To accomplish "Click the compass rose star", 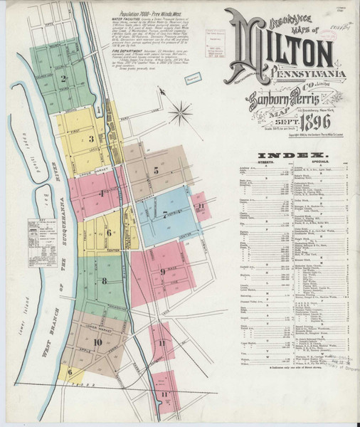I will [x=182, y=112].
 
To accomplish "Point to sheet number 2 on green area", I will [x=64, y=79].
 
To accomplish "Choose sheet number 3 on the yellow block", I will [x=92, y=138].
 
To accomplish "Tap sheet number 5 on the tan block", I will [x=156, y=170].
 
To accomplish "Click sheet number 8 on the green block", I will [x=104, y=280].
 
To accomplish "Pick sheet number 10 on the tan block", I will [x=97, y=342].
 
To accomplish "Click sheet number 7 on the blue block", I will [x=165, y=213].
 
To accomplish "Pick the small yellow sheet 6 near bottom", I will [x=70, y=370].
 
